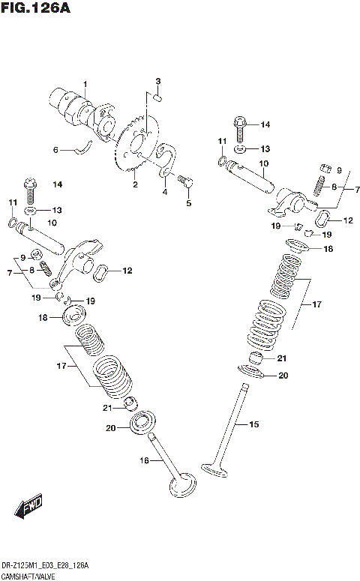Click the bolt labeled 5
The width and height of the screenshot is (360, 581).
coord(187,180)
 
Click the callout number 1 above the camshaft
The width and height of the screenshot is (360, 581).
coord(85,83)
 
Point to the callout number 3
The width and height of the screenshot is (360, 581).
coord(158,81)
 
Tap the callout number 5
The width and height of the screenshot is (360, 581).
coord(188,202)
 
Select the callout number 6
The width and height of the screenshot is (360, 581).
coord(55,150)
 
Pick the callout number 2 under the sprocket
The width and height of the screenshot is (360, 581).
coord(135,184)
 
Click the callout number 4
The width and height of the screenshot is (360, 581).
coord(164,191)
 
